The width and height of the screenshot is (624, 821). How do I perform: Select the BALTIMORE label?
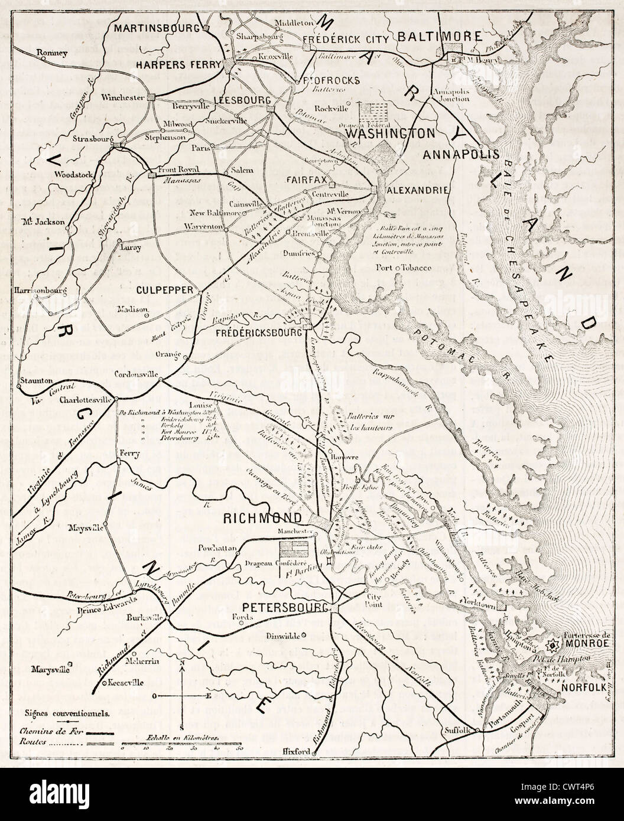point(439,37)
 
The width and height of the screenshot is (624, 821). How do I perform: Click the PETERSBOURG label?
point(284,607)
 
